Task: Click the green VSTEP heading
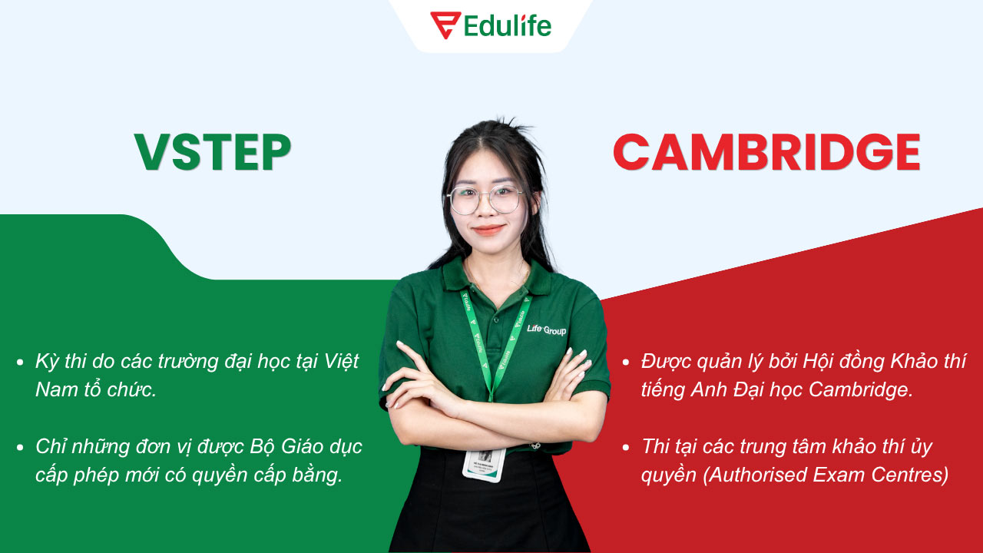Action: point(213,153)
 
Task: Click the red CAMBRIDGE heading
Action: point(766,153)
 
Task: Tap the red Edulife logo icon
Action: point(445,25)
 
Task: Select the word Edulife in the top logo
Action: point(508,26)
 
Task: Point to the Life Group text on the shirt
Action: point(546,329)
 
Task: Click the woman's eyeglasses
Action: point(485,200)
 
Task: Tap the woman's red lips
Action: point(488,229)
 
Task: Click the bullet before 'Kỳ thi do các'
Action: point(19,362)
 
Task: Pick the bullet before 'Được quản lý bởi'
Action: point(626,362)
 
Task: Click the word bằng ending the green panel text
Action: point(318,475)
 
